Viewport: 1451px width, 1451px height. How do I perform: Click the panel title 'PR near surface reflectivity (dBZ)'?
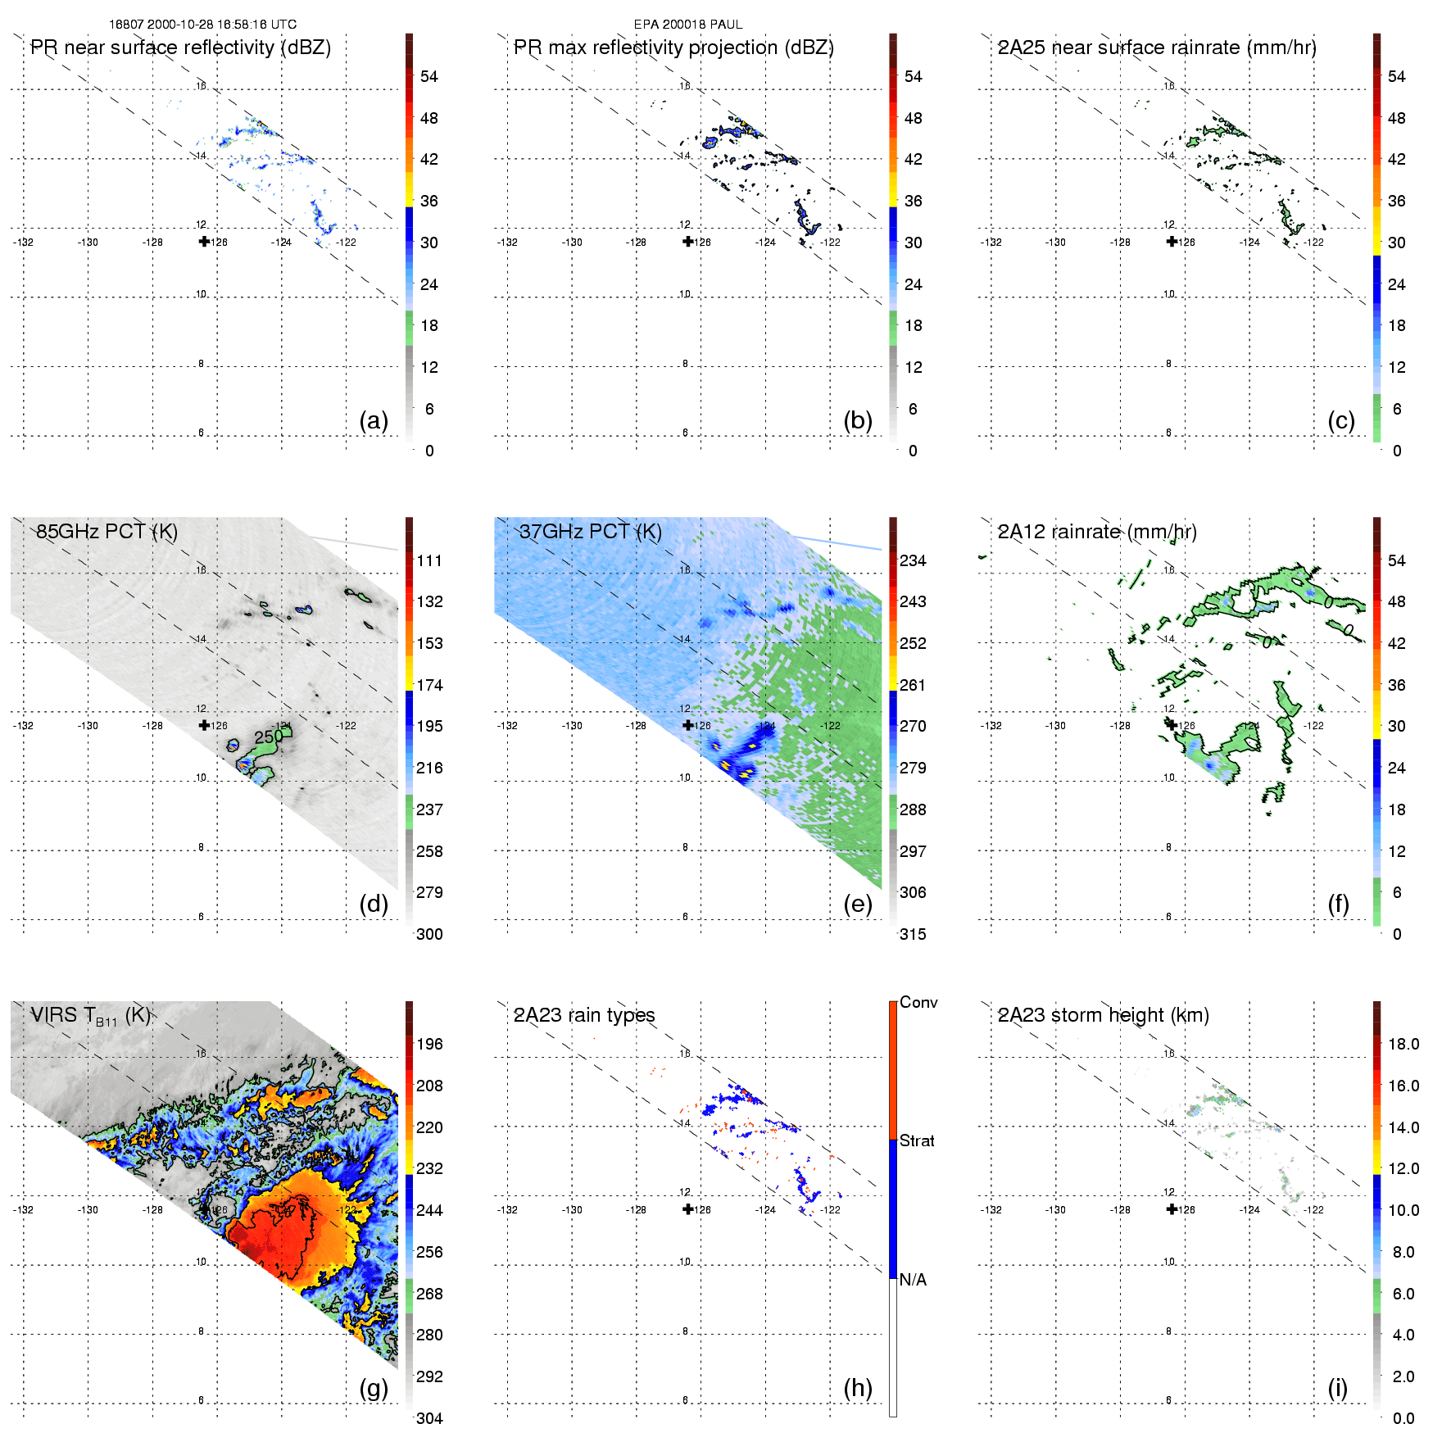pos(180,48)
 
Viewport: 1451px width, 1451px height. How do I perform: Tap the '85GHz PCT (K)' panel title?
pos(107,532)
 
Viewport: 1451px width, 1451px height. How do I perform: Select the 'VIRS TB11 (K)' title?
pos(90,1016)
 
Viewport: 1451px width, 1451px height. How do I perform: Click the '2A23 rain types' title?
pos(583,1016)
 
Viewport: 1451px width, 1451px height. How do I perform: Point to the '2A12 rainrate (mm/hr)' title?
pos(1096,532)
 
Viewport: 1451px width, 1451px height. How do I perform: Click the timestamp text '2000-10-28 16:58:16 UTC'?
pos(221,25)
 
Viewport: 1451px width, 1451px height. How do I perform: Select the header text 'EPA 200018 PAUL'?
pos(688,25)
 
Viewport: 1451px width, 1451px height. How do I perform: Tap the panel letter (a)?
pos(374,420)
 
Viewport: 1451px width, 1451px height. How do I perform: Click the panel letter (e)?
pos(858,904)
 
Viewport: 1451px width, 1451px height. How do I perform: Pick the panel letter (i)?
pos(1337,1388)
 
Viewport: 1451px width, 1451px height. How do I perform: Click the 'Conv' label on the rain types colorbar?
pos(918,1002)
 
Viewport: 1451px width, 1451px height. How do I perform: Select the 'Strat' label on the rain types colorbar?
pos(917,1140)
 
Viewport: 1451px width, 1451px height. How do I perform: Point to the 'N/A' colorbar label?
pos(913,1280)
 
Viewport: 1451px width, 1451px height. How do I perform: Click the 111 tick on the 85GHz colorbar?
pos(429,560)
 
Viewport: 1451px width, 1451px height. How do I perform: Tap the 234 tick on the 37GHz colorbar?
pos(913,560)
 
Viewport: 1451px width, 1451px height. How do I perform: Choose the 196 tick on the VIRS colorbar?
pos(429,1044)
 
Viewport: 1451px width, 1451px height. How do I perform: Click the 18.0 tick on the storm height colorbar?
pos(1403,1044)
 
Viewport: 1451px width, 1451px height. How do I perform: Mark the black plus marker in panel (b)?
pos(688,241)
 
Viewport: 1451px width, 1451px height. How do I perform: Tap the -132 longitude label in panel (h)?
pos(507,1210)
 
